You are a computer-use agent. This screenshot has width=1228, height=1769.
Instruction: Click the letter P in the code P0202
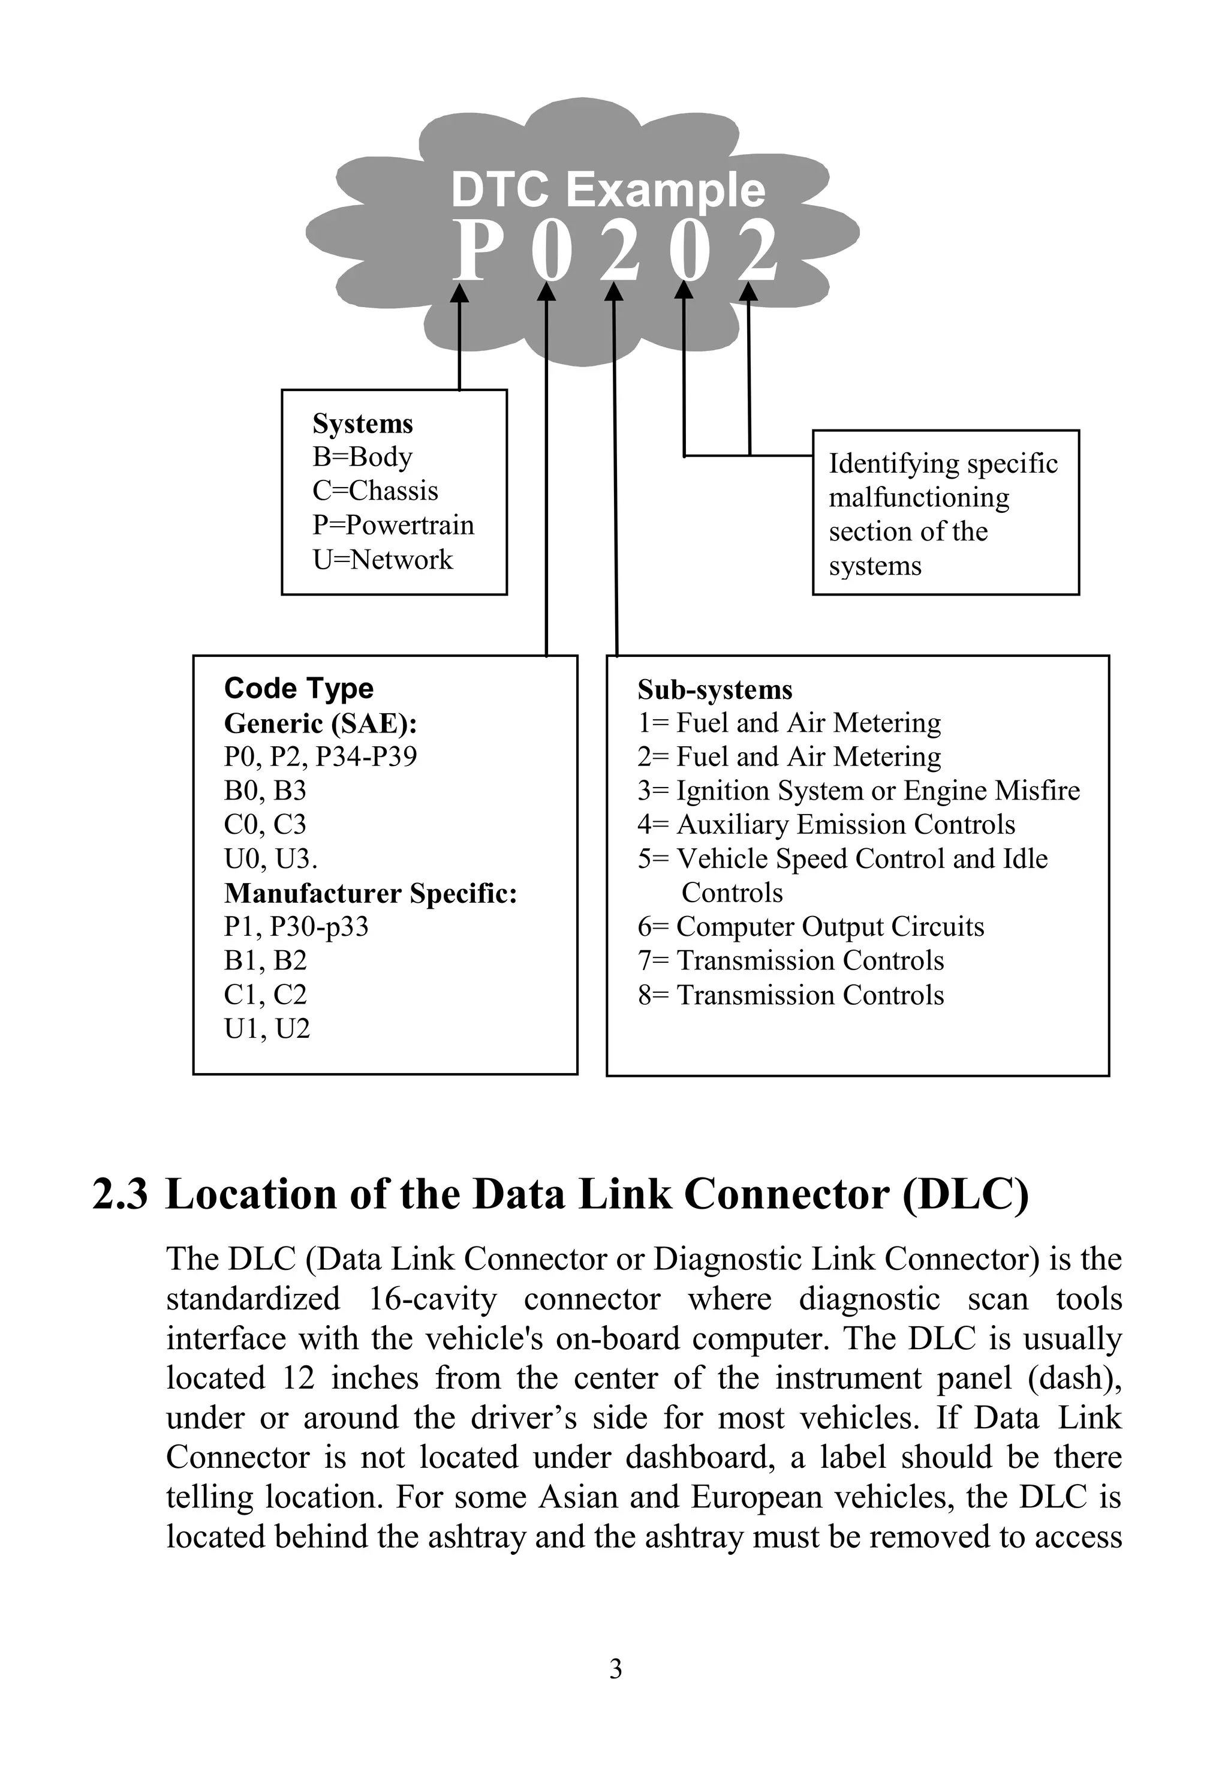tap(472, 251)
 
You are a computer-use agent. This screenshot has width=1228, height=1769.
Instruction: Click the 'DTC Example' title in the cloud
tap(608, 190)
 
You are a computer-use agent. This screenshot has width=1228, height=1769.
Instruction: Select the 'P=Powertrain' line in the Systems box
tap(393, 525)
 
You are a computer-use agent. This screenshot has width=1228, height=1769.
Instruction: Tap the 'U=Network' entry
tap(383, 560)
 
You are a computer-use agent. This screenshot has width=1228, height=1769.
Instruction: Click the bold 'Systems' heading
tap(362, 424)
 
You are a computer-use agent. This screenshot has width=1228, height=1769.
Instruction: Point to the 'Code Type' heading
tap(299, 688)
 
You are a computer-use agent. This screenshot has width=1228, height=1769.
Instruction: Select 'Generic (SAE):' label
tap(320, 723)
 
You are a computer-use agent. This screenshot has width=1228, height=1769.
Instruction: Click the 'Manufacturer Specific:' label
tap(370, 893)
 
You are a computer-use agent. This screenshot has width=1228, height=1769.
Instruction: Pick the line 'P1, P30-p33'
tap(296, 927)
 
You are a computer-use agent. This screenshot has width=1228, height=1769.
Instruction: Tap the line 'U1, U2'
tap(267, 1028)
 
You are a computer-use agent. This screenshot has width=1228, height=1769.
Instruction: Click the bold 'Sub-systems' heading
tap(715, 690)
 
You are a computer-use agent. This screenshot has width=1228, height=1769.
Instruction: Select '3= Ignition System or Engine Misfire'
tap(859, 791)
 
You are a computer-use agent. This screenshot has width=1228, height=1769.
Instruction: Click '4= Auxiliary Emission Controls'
tap(826, 825)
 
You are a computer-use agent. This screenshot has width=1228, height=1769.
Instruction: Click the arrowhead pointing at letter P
tap(459, 294)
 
